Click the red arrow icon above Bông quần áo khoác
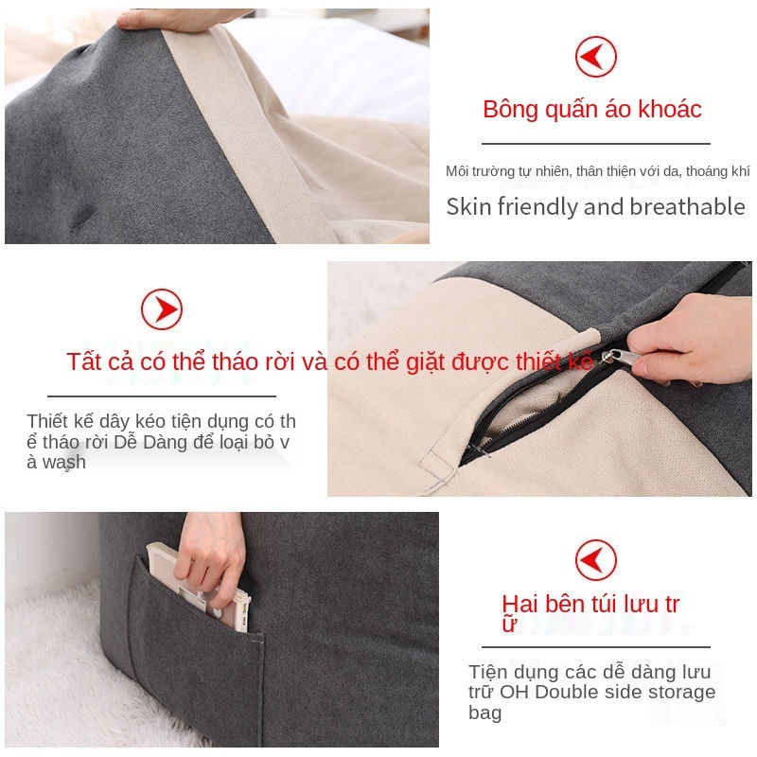(596, 57)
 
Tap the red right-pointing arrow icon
(162, 309)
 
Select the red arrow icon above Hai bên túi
(596, 560)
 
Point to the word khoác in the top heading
(670, 109)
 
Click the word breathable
(688, 206)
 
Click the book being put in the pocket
(199, 587)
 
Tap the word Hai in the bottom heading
(519, 604)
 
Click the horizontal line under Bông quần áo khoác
(596, 144)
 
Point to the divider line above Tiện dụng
(596, 647)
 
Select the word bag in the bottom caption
(484, 713)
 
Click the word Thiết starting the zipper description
(47, 421)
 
